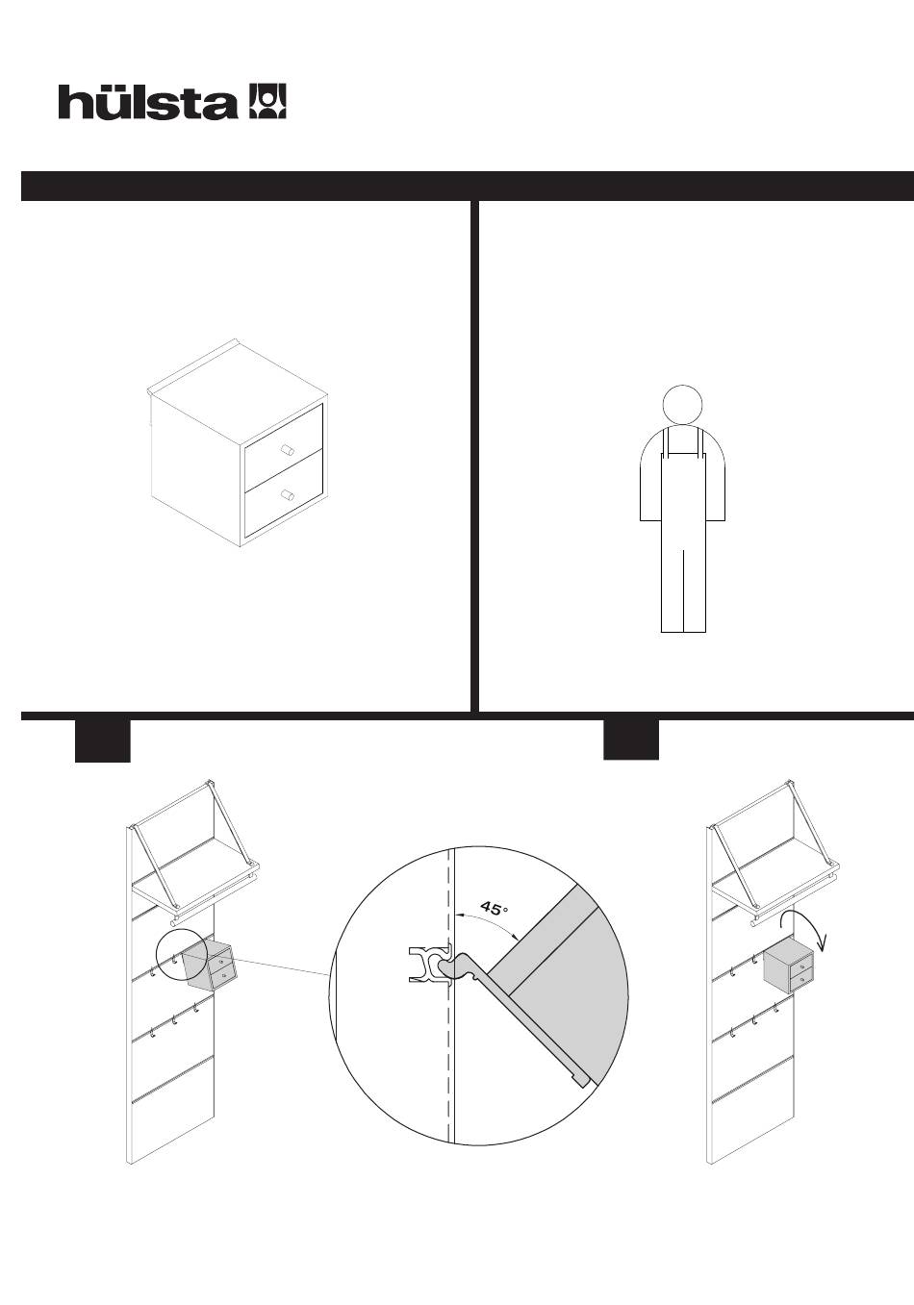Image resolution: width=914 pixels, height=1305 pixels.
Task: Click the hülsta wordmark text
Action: (147, 102)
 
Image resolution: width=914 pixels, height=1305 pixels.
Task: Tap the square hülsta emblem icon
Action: (268, 101)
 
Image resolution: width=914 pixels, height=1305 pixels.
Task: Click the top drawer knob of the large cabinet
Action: (287, 450)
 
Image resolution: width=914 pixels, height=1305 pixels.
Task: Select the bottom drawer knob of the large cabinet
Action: (287, 495)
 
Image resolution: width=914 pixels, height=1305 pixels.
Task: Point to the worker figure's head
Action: (682, 404)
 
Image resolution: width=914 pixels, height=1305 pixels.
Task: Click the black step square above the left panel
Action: (103, 741)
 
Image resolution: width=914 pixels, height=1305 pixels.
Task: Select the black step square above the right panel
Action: (631, 740)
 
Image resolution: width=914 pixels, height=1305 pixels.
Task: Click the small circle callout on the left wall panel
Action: (156, 956)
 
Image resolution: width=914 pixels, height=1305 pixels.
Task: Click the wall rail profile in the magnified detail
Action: (429, 965)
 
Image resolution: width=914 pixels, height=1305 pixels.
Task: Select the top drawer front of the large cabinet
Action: (283, 447)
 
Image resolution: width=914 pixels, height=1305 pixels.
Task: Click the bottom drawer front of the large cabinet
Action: (283, 493)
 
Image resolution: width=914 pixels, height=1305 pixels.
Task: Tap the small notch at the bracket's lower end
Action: (581, 1080)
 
